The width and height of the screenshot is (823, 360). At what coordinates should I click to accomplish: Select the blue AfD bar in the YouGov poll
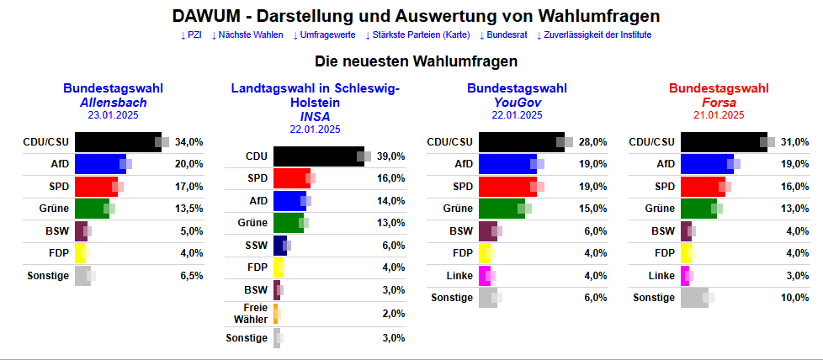pos(507,164)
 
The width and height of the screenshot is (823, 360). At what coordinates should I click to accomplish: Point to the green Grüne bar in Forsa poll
pos(698,209)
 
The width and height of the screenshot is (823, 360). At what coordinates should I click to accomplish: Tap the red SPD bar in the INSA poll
pos(292,178)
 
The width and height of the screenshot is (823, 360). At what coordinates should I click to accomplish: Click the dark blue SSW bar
pos(280,246)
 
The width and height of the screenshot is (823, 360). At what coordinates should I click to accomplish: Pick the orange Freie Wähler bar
pos(275,314)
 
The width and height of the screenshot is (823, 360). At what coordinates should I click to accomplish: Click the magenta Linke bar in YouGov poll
pos(484,276)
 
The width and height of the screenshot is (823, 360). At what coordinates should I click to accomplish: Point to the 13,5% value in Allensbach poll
pos(189,209)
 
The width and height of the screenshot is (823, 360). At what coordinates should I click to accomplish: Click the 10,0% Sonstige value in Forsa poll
pos(795,298)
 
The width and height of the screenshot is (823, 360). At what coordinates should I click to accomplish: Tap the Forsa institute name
pos(719,103)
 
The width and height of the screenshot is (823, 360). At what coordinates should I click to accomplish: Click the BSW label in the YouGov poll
pos(461,231)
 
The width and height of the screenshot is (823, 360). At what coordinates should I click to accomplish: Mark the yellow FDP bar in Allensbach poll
pos(80,253)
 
